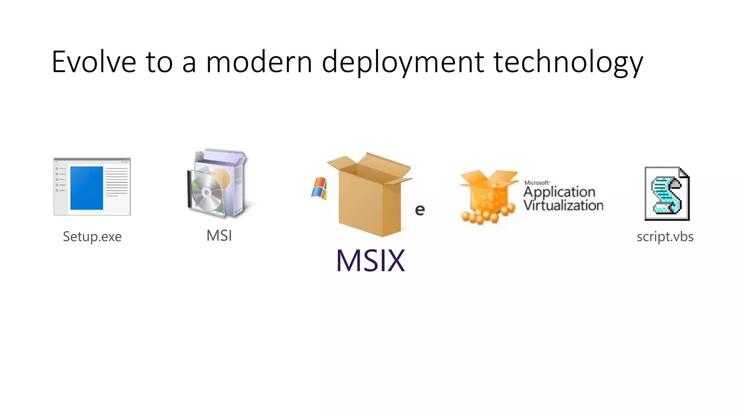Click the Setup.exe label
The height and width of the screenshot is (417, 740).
(x=92, y=236)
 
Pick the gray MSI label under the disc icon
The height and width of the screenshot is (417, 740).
(x=219, y=236)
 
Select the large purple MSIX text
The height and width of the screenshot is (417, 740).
(x=370, y=260)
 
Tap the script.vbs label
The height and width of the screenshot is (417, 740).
(x=665, y=236)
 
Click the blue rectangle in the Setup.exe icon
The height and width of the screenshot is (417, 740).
(x=87, y=188)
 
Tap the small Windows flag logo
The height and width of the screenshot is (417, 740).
(x=319, y=188)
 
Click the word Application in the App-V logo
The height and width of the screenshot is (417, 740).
(x=559, y=191)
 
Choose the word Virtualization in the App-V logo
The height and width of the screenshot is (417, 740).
(x=563, y=206)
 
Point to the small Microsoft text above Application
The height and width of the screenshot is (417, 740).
(x=537, y=183)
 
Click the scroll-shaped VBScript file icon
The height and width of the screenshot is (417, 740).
(x=667, y=194)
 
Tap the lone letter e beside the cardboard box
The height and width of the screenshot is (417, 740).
(x=420, y=210)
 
